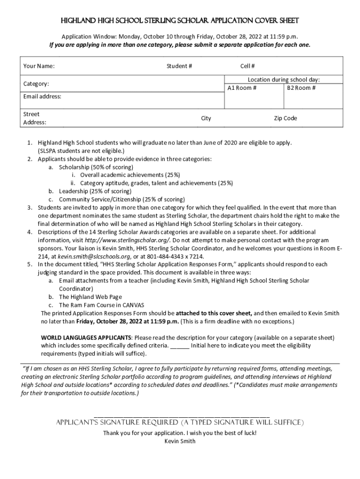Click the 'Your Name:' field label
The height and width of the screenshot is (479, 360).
point(39,66)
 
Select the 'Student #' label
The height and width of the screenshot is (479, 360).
point(179,66)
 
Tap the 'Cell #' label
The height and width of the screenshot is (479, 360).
point(247,66)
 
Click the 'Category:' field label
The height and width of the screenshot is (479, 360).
point(36,84)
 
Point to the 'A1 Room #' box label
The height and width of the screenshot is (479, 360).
point(242,88)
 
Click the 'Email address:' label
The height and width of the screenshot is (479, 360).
point(42,97)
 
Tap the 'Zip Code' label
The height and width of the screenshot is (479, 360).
point(285,118)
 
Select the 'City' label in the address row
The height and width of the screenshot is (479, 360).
point(206,118)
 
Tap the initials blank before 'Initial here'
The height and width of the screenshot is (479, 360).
point(180,346)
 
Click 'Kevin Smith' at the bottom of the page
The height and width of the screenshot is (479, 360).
point(180,441)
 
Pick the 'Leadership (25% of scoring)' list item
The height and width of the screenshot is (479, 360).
point(95,191)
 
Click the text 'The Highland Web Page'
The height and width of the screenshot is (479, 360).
point(90,297)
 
